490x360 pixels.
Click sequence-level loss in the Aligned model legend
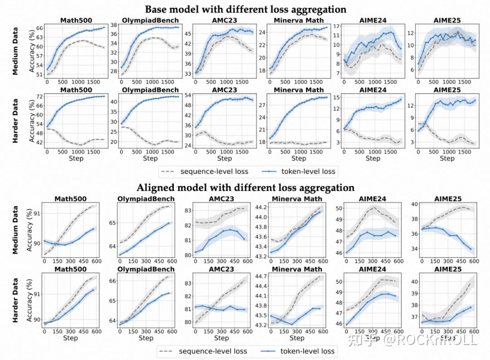coord(213,350)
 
